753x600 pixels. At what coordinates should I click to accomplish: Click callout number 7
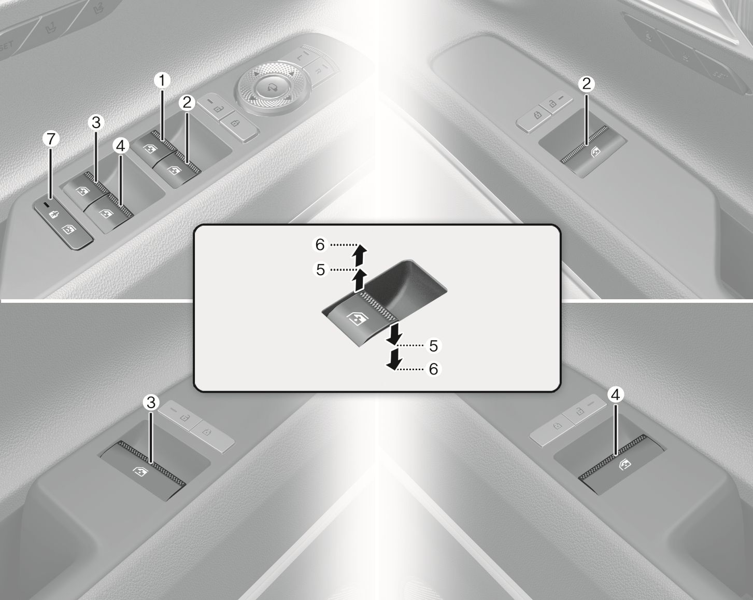[51, 139]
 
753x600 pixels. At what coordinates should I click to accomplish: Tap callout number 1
[162, 80]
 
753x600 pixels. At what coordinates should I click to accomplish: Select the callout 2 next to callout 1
[187, 103]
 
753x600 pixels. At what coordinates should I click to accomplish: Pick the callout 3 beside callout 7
[96, 122]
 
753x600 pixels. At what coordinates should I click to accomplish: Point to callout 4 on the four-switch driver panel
[121, 146]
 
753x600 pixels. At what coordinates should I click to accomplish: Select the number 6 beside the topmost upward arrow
[320, 244]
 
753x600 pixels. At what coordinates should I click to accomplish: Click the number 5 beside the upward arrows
[320, 270]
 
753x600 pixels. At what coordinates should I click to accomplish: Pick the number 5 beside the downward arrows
[434, 346]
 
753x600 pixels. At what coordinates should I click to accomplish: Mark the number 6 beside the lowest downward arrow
[434, 369]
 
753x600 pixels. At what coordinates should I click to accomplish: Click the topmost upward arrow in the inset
[359, 256]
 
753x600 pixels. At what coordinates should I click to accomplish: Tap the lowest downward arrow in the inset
[394, 359]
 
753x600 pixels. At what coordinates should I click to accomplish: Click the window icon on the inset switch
[357, 319]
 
